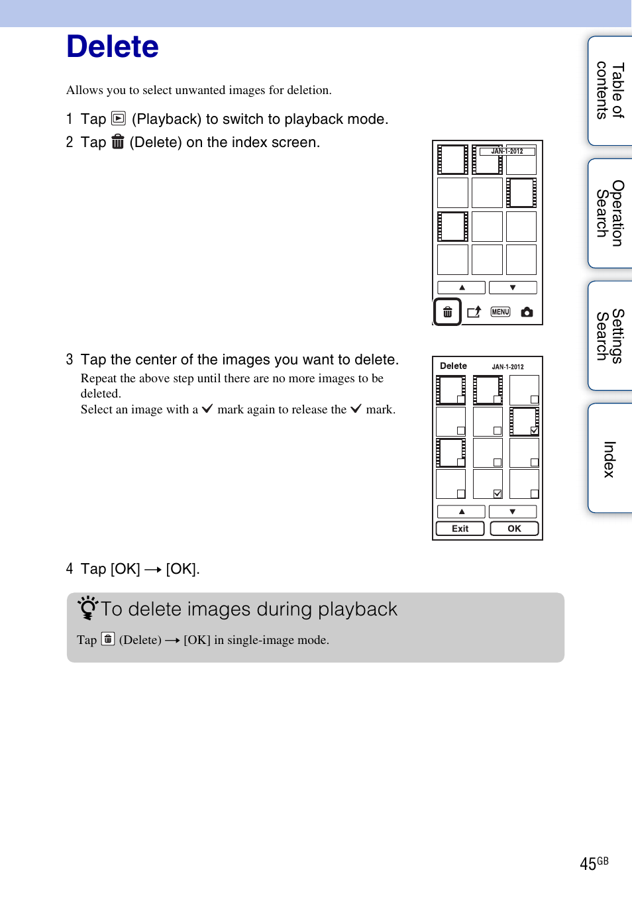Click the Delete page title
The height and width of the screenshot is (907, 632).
113,47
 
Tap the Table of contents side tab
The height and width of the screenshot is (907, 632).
610,91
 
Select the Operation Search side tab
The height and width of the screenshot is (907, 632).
610,213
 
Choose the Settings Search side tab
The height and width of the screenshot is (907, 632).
610,335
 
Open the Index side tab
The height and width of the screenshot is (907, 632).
610,458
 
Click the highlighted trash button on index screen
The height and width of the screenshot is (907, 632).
448,312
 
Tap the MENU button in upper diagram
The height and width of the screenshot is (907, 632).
500,312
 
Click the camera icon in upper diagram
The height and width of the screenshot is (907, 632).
527,312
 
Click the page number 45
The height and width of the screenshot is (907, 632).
588,864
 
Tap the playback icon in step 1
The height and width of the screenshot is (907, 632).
119,119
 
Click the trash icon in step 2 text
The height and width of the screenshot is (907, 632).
118,142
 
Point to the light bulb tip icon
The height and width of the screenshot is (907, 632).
87,608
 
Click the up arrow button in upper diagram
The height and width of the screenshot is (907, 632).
462,288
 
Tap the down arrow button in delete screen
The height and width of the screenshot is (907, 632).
512,511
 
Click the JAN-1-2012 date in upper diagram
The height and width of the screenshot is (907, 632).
507,151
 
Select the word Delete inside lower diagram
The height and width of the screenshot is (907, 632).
453,366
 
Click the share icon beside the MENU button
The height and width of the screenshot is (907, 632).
474,312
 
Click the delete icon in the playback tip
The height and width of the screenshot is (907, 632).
108,639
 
